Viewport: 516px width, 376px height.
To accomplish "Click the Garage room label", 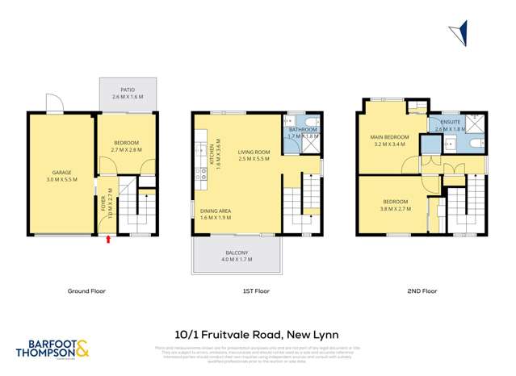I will click(x=62, y=172).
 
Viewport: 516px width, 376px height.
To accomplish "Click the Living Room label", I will click(x=253, y=152).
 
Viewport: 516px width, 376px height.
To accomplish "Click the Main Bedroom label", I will click(x=389, y=137).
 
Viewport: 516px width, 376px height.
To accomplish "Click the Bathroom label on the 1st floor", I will click(x=303, y=130).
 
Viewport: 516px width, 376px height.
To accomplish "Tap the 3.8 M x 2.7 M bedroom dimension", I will click(x=396, y=208).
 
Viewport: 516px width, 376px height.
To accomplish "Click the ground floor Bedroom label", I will click(x=124, y=143).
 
